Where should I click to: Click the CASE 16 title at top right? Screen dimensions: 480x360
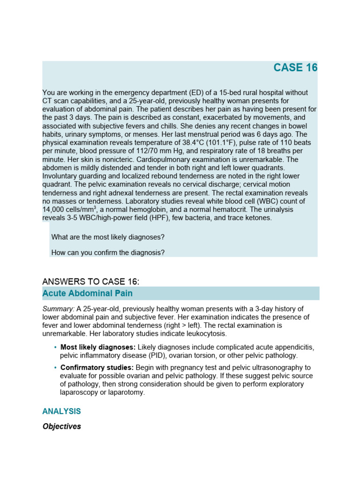pos(295,67)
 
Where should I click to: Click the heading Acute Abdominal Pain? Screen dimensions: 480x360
pos(87,293)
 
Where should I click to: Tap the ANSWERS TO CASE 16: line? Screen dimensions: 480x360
pos(91,281)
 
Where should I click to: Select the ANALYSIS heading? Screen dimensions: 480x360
pos(61,411)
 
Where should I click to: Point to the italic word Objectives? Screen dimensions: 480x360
pos(61,427)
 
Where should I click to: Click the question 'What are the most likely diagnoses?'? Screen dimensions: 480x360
pos(108,237)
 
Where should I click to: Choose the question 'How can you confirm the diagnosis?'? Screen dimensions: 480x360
pos(108,253)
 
